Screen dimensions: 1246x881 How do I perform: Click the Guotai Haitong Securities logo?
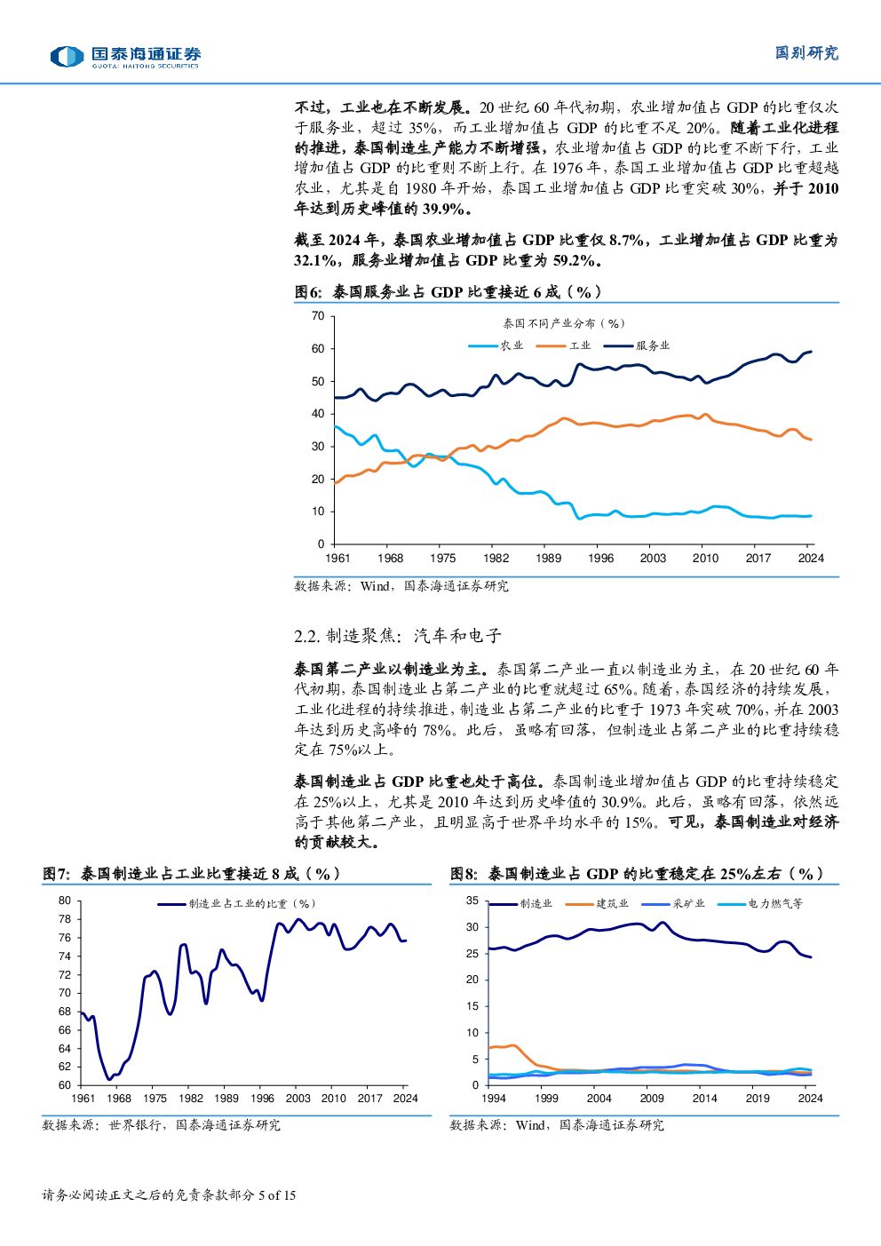[125, 58]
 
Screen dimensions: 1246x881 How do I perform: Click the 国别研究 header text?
[806, 53]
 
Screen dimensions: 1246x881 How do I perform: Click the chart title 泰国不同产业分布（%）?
[564, 323]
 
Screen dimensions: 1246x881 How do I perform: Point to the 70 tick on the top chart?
[318, 316]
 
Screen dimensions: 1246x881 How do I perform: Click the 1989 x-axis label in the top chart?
[549, 559]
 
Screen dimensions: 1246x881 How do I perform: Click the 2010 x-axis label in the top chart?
[706, 559]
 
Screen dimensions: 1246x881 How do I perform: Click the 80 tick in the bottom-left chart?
[65, 901]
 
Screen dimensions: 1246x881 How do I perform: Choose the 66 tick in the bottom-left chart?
[65, 1030]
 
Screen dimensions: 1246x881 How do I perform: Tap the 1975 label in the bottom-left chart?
[155, 1099]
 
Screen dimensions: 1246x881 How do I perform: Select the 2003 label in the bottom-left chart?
[298, 1099]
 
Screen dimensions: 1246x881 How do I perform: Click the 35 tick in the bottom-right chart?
[472, 901]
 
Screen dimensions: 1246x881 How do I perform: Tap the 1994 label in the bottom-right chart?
[494, 1099]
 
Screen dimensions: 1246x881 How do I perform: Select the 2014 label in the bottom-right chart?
[705, 1099]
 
